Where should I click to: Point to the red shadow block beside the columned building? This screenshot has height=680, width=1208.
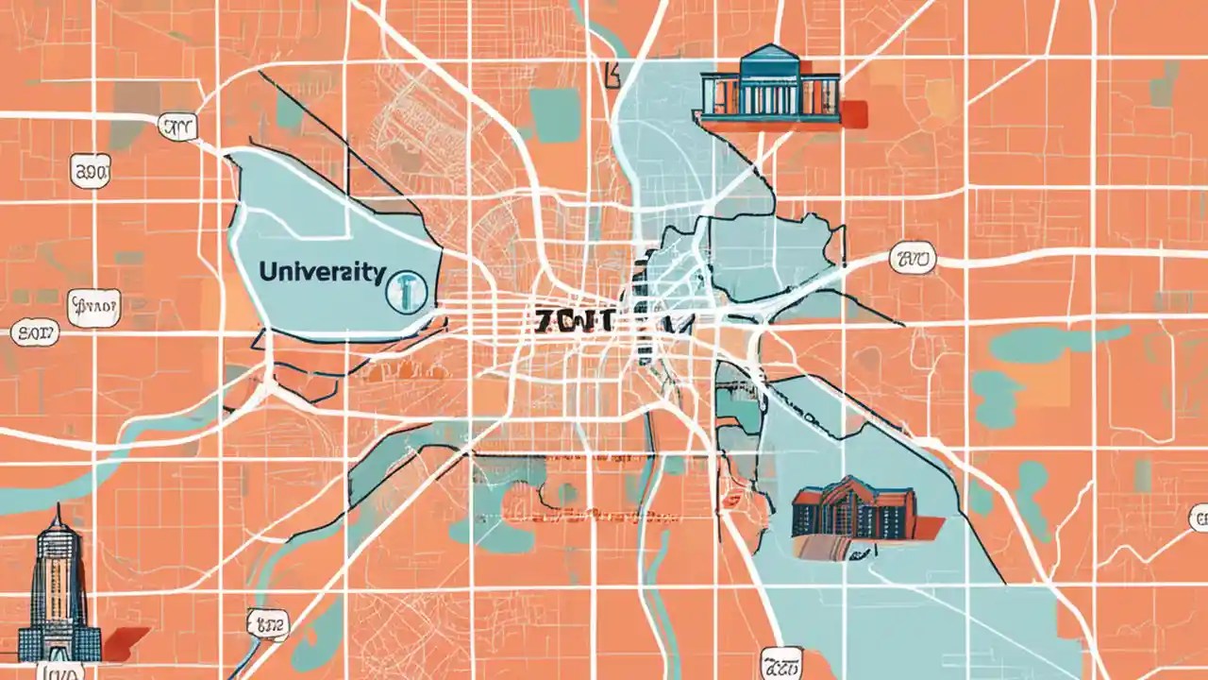tap(853, 112)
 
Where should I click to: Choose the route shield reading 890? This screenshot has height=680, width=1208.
tap(91, 171)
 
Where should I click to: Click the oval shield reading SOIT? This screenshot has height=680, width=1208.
tap(35, 332)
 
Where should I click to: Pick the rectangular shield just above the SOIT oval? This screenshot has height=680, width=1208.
tap(93, 305)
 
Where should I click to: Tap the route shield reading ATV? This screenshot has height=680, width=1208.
tap(177, 127)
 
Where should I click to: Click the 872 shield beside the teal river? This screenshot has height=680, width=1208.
tap(266, 621)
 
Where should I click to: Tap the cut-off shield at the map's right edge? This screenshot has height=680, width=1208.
tap(1200, 518)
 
